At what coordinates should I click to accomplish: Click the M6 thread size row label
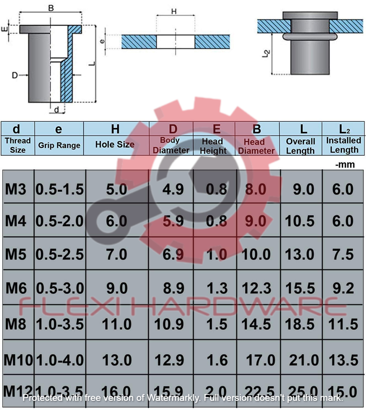[x=16, y=288]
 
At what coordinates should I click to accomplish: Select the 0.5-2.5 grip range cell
[x=60, y=255]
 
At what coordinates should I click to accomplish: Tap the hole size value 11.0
[x=117, y=324]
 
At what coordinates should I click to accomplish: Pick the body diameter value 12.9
[x=169, y=360]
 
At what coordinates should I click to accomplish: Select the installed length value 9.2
[x=343, y=288]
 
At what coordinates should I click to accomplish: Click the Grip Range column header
[x=59, y=146]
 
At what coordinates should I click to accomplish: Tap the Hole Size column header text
[x=115, y=145]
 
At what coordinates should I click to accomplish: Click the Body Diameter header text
[x=171, y=146]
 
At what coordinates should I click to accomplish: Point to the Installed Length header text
[x=343, y=145]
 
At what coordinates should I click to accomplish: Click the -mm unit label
[x=345, y=165]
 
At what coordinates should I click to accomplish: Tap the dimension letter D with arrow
[x=15, y=75]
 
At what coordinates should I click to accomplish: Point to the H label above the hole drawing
[x=174, y=11]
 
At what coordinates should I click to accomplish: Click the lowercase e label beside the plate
[x=103, y=41]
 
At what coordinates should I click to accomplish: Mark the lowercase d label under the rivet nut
[x=56, y=110]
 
